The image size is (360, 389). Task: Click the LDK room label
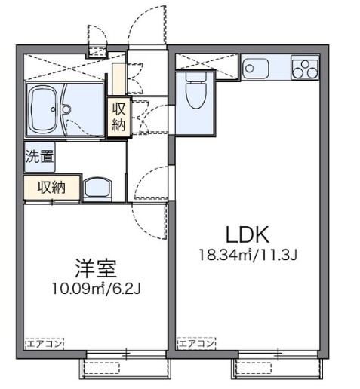(248, 234)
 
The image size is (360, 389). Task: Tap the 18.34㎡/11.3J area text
(248, 255)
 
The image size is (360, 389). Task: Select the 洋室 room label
(96, 268)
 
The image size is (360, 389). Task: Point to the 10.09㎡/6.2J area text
(96, 289)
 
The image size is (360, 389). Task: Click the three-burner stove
(305, 67)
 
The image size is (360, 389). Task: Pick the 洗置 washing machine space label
(39, 157)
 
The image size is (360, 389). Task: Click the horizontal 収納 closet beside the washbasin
(51, 187)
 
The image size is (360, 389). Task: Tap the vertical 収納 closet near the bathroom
(118, 117)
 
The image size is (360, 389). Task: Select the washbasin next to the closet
(97, 188)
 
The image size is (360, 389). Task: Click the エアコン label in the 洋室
(45, 344)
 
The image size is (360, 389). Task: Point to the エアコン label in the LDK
(196, 343)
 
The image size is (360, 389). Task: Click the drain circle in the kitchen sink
(249, 69)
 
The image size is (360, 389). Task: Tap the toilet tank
(196, 77)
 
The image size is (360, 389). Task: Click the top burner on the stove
(305, 64)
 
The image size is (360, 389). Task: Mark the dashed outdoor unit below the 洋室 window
(101, 369)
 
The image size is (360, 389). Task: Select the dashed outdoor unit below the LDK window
(254, 369)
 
